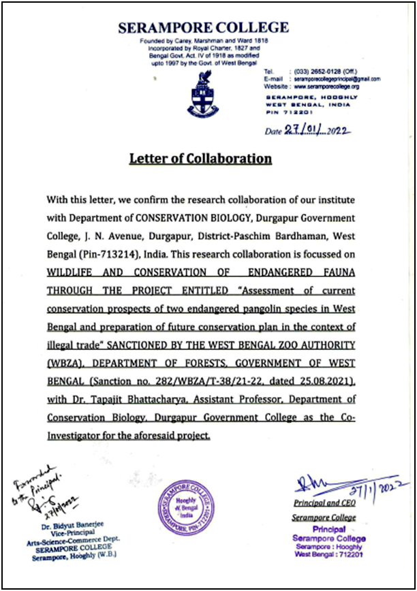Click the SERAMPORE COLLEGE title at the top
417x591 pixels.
203,28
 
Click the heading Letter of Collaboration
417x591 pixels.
201,159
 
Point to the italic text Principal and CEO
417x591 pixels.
324,504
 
